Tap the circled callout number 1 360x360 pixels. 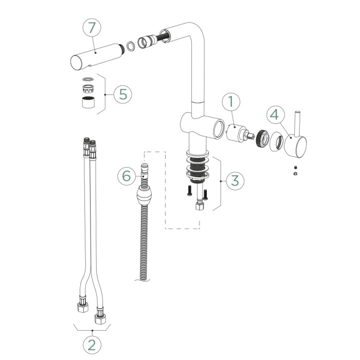pyautogui.click(x=231, y=101)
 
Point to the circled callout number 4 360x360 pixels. pyautogui.click(x=275, y=114)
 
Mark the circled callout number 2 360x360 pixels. pyautogui.click(x=92, y=344)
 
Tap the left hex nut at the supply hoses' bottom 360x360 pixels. pyautogui.click(x=82, y=309)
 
